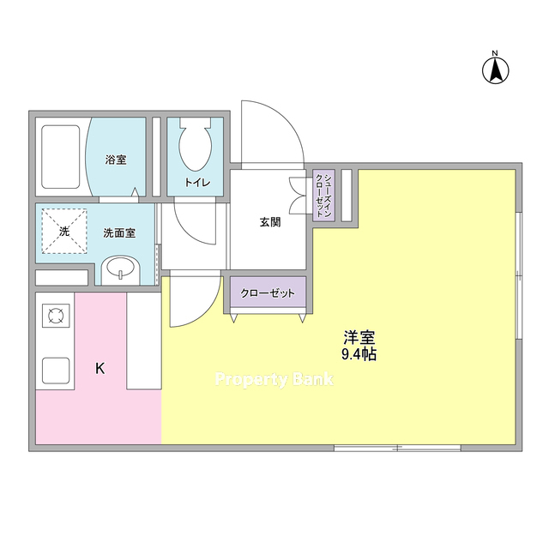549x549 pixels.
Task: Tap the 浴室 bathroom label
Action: pyautogui.click(x=116, y=160)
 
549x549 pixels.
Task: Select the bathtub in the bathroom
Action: pyautogui.click(x=61, y=157)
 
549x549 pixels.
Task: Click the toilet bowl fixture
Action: pyautogui.click(x=196, y=144)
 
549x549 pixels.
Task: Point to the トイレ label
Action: pyautogui.click(x=197, y=183)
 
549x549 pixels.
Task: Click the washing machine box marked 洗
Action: pyautogui.click(x=64, y=232)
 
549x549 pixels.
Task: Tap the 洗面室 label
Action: pyautogui.click(x=119, y=232)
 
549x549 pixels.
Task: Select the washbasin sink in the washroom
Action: pyautogui.click(x=120, y=269)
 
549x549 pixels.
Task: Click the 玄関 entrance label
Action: pyautogui.click(x=270, y=222)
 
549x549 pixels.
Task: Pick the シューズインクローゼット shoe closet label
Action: pyautogui.click(x=323, y=196)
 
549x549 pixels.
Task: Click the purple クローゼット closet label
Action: pyautogui.click(x=268, y=293)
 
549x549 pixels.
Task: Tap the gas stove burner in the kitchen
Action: pyautogui.click(x=56, y=316)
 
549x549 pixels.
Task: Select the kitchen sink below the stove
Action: pyautogui.click(x=56, y=371)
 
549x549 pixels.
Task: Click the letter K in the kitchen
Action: pyautogui.click(x=100, y=369)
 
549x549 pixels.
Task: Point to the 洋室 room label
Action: pyautogui.click(x=359, y=337)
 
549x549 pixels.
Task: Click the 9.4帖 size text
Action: pyautogui.click(x=359, y=354)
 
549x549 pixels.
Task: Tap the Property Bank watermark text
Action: pyautogui.click(x=274, y=380)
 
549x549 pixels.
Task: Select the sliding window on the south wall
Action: pyautogui.click(x=397, y=448)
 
